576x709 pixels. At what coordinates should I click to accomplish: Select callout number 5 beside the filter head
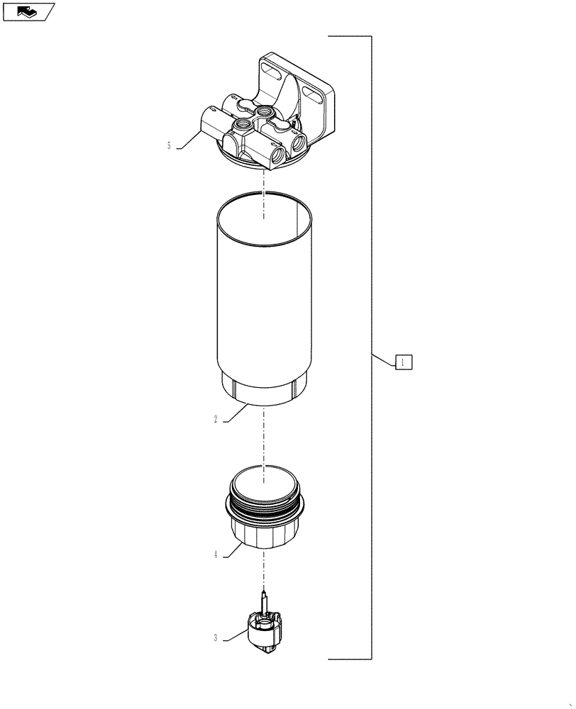coord(169,146)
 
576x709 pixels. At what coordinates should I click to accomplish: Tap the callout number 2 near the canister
coord(215,419)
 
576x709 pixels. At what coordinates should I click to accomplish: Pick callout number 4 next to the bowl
coord(215,555)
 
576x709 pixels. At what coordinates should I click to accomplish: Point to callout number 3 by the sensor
coord(215,638)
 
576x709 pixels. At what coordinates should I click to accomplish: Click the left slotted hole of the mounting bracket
coord(271,69)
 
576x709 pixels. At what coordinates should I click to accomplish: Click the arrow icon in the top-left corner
coord(28,11)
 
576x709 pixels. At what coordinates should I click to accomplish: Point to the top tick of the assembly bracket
coord(349,35)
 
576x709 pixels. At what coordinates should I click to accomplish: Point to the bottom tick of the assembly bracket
coord(349,659)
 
